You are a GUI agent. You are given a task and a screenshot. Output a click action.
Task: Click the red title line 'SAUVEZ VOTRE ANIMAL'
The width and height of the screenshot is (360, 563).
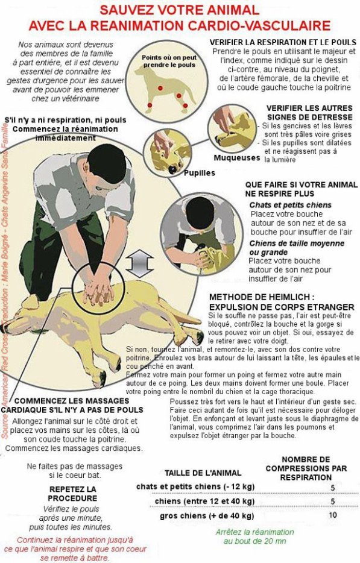tap(180, 10)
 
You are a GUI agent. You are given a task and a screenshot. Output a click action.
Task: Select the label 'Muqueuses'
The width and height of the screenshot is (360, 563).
tap(236, 158)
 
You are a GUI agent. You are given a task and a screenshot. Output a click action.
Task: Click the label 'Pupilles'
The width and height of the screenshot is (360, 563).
tap(199, 172)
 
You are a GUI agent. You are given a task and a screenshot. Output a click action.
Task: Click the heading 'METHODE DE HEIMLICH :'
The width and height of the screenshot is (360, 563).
tap(262, 297)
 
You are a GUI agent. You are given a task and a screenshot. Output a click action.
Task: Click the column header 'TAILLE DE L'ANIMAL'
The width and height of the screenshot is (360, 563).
tap(203, 473)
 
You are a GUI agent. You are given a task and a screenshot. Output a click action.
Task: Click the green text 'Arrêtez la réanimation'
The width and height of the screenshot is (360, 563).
tap(255, 532)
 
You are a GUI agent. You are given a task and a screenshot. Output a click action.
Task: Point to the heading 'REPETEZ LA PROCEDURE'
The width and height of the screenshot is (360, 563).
tap(73, 493)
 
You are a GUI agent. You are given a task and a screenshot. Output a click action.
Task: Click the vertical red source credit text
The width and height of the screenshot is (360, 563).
tap(5, 283)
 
